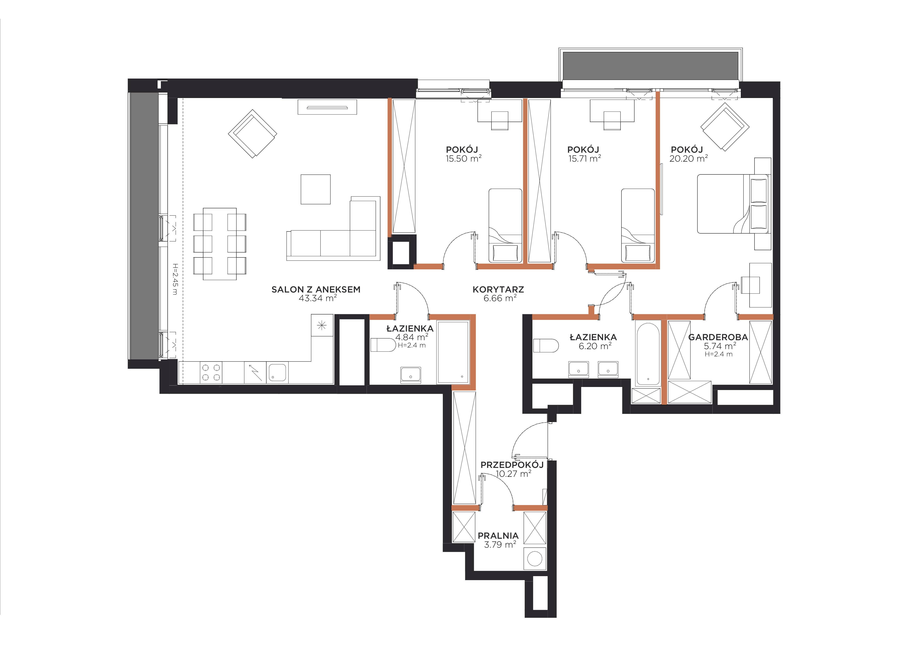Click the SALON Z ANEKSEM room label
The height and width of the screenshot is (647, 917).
316,289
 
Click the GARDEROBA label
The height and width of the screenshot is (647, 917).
718,337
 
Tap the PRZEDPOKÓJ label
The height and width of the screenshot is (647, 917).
512,465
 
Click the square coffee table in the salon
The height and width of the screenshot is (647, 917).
315,189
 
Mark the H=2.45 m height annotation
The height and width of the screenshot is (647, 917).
174,279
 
